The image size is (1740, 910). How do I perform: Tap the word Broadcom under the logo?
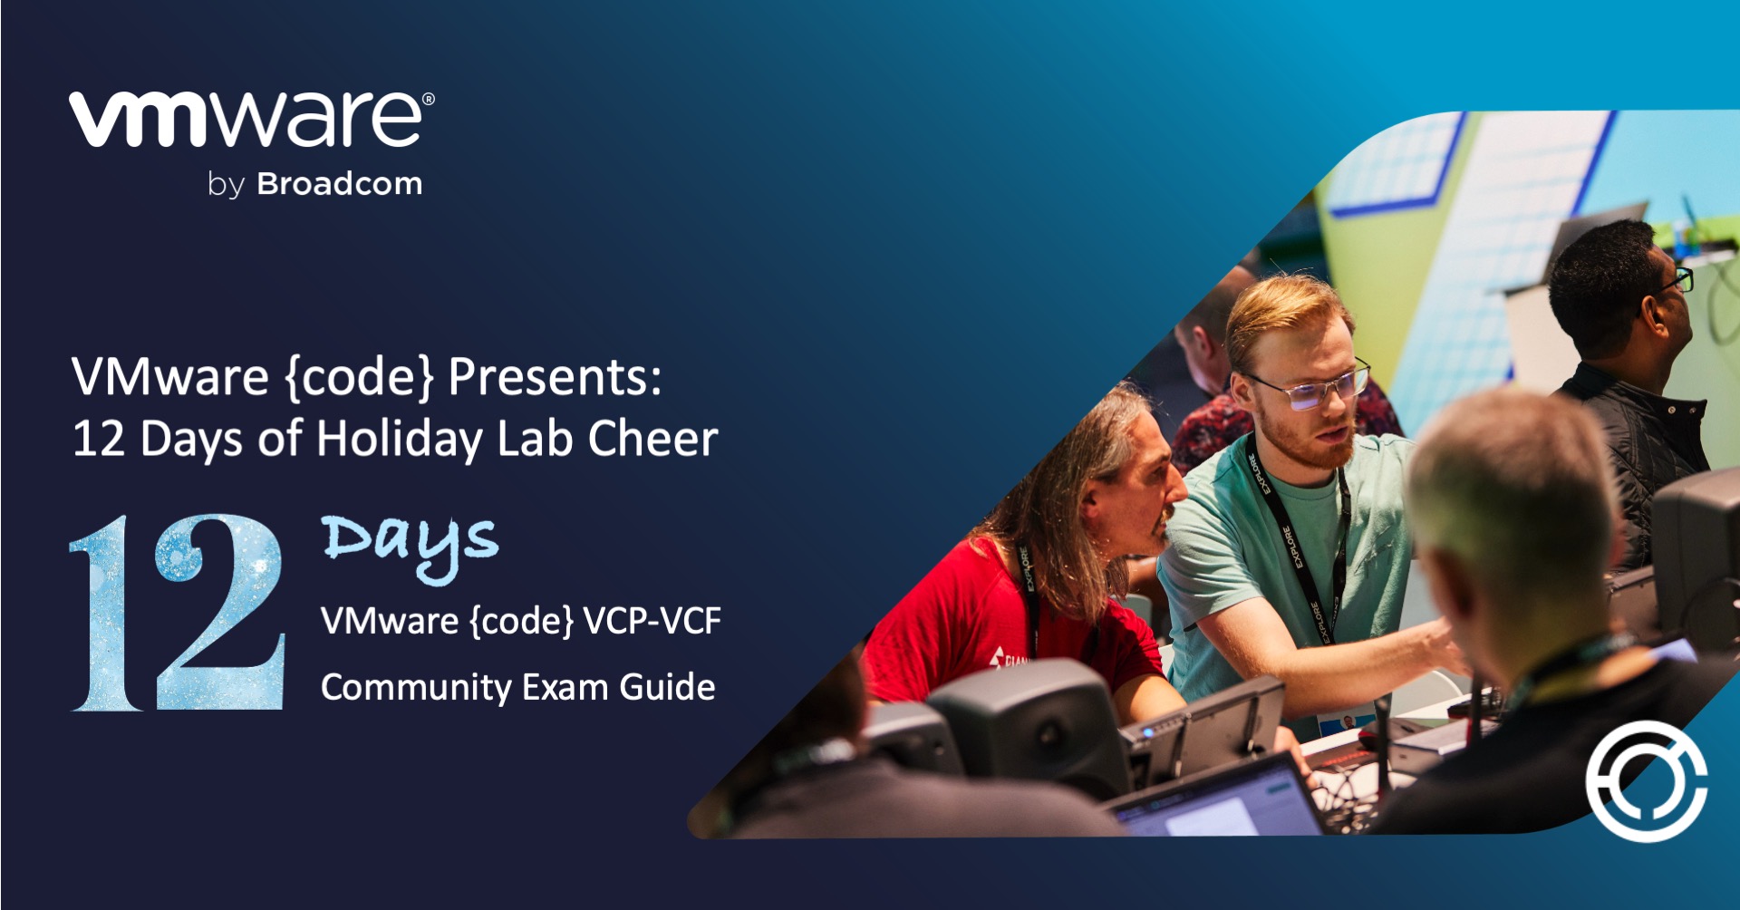340,184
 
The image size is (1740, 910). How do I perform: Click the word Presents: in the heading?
555,377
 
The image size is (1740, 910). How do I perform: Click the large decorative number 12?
178,613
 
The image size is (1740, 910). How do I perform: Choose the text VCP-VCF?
652,622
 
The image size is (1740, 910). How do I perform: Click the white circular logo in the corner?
1646,781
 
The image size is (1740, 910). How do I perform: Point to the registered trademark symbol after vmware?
429,99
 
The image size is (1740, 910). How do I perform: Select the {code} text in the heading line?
361,377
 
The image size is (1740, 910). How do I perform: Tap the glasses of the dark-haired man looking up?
1677,281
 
